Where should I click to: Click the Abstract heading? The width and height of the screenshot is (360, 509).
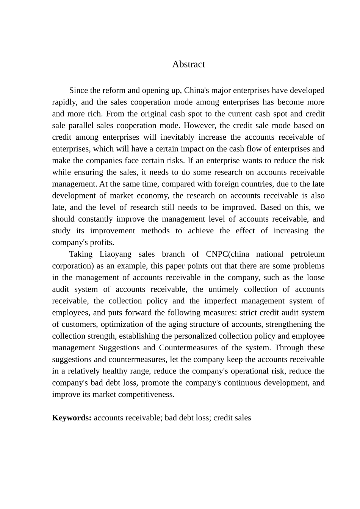(x=188, y=64)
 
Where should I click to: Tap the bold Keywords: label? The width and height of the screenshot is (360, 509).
(x=72, y=418)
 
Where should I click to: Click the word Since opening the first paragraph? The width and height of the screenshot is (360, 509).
(x=78, y=91)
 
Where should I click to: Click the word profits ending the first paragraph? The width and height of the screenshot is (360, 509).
(x=101, y=243)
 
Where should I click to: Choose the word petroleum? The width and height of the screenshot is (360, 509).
(x=307, y=254)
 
